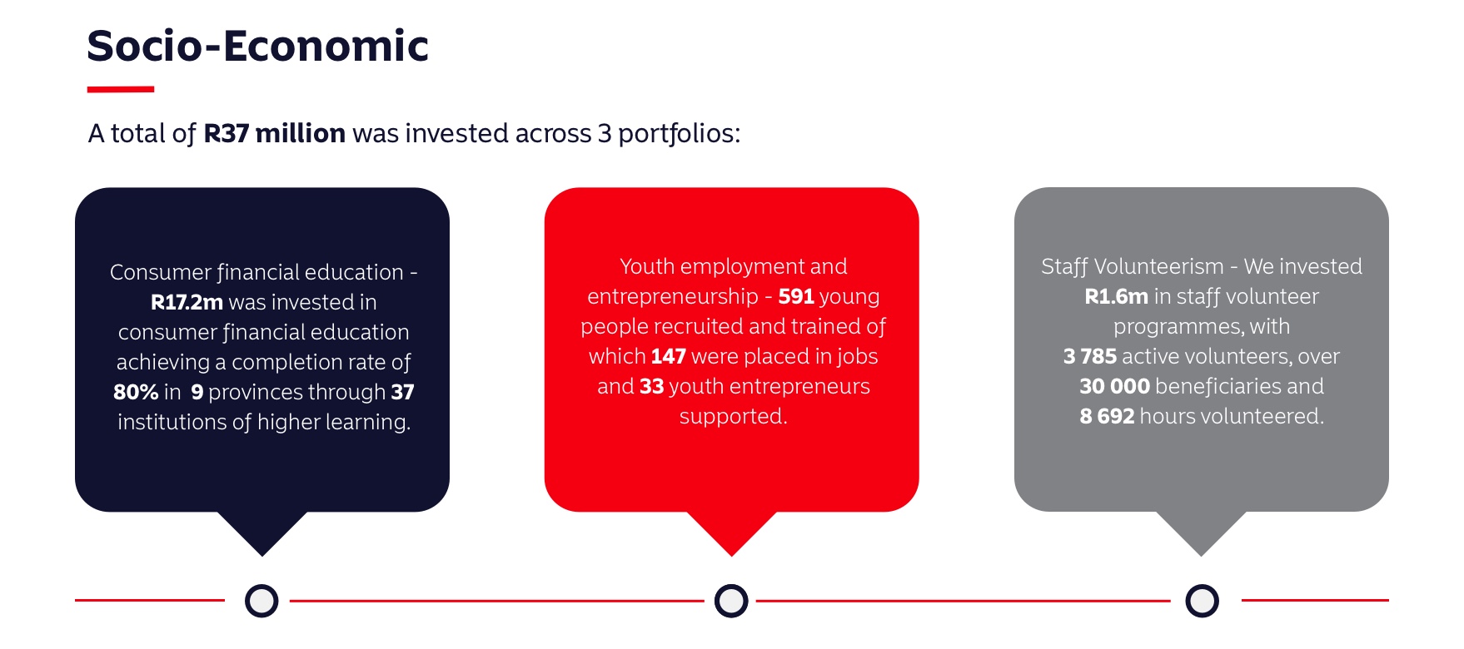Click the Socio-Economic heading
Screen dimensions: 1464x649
257,46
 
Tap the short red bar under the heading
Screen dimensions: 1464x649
121,89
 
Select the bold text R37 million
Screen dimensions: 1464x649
274,133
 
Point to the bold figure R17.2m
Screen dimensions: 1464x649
187,302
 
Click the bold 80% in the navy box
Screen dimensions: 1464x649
135,392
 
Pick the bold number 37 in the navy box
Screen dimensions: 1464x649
403,392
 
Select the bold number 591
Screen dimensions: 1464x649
796,296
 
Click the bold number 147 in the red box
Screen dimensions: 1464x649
668,356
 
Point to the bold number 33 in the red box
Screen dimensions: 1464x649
652,386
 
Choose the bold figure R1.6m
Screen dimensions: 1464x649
1116,296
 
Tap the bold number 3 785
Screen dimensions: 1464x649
1090,356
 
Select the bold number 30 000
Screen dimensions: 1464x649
1114,386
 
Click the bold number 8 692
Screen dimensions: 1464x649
1107,416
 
